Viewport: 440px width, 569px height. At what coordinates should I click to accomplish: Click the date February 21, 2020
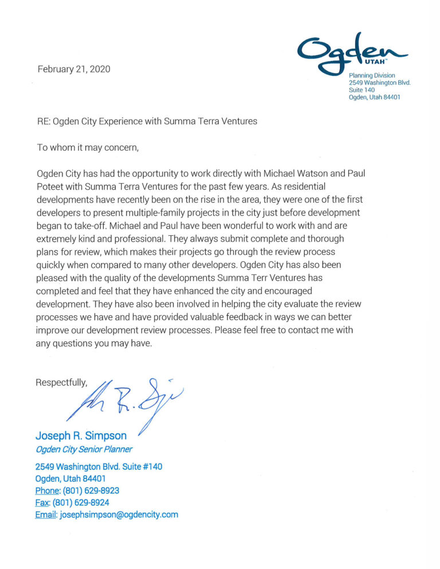(74, 69)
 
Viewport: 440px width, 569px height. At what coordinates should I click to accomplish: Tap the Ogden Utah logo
(352, 52)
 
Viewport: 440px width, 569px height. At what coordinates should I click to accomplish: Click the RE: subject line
(147, 121)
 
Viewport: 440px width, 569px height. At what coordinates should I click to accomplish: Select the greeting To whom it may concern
(88, 147)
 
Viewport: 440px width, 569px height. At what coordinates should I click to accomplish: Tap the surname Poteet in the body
(53, 185)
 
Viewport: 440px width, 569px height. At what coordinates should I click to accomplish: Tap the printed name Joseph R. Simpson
(81, 436)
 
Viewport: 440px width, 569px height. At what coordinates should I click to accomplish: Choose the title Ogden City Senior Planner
(84, 449)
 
